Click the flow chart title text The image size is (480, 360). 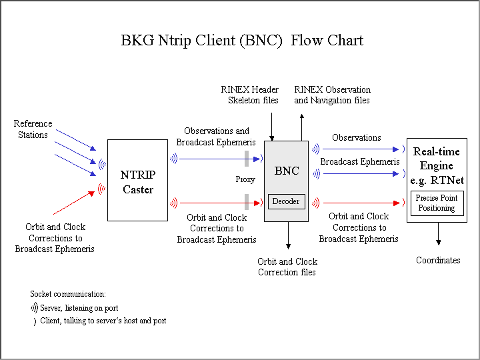click(241, 40)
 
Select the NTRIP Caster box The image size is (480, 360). click(137, 180)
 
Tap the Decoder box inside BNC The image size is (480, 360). click(286, 201)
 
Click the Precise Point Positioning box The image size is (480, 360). click(437, 203)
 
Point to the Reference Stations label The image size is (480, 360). click(33, 129)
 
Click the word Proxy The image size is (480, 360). click(245, 179)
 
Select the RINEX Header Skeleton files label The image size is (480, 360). click(250, 95)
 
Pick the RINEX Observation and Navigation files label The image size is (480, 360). click(332, 95)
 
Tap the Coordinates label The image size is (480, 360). click(438, 260)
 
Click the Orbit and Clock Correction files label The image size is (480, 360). click(287, 267)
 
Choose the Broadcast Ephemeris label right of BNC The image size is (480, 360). click(360, 161)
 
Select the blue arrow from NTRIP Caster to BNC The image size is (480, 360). click(213, 159)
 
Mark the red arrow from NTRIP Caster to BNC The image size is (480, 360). click(213, 203)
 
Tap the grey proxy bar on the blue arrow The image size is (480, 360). click(247, 158)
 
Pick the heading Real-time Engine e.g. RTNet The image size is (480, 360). click(437, 166)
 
